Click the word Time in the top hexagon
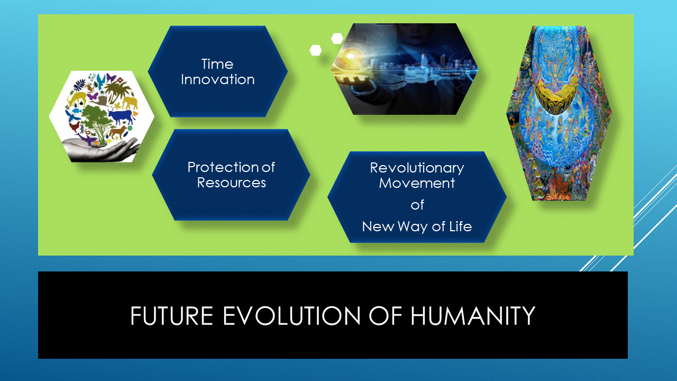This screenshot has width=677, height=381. click(217, 64)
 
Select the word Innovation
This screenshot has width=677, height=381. click(217, 79)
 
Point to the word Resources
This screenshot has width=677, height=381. click(232, 183)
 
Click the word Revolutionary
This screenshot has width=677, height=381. click(417, 168)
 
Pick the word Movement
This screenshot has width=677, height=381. click(417, 183)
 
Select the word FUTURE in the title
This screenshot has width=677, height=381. click(172, 316)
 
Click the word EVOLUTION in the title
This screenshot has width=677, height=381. click(291, 316)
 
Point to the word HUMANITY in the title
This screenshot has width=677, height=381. click(473, 316)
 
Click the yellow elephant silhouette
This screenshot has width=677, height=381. click(130, 103)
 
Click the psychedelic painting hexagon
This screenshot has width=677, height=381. click(559, 113)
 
